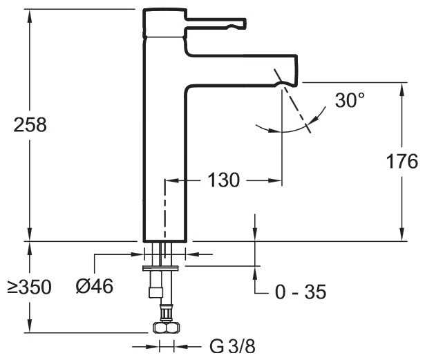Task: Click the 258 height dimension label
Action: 30,125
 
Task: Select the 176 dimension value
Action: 402,161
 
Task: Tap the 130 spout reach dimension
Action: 224,180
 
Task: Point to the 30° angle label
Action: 350,100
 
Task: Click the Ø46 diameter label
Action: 95,286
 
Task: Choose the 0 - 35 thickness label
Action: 301,292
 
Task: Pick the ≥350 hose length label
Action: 29,287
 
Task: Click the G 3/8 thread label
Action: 233,346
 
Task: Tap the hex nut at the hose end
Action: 165,328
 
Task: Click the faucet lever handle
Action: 216,23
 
